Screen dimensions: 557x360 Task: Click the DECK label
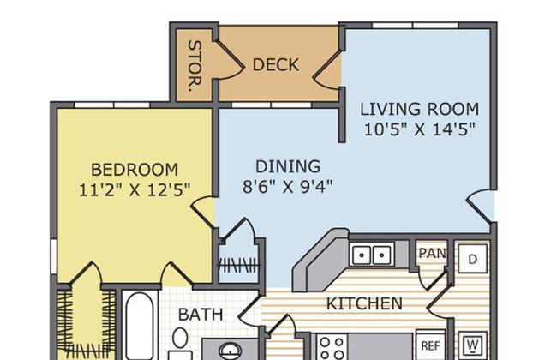[x=276, y=65]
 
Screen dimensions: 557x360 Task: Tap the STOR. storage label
[x=195, y=66]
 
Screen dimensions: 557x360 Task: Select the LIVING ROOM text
[x=420, y=109]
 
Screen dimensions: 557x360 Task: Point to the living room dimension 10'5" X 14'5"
[x=420, y=129]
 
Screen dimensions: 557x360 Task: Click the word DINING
[x=288, y=166]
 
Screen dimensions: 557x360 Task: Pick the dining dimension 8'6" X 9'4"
[x=288, y=187]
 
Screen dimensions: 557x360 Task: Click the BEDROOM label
[x=135, y=170]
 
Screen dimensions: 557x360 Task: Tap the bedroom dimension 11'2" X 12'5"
[x=135, y=190]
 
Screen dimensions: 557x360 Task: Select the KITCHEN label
[x=364, y=303]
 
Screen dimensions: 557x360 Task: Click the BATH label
[x=201, y=315]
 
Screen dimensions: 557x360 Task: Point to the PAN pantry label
[x=432, y=254]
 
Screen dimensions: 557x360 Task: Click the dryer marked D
[x=472, y=259]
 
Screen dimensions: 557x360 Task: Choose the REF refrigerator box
[x=430, y=345]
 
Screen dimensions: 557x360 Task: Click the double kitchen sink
[x=372, y=255]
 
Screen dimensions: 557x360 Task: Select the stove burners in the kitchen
[x=332, y=347]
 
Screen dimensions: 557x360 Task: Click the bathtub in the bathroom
[x=140, y=326]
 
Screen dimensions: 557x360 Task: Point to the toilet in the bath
[x=180, y=343]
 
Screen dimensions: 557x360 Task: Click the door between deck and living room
[x=326, y=71]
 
